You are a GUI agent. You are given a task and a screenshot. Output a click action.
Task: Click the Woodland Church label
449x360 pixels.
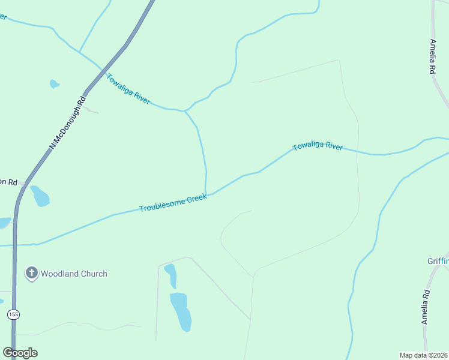point(74,274)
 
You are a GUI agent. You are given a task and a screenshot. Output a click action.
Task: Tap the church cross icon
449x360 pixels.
point(31,274)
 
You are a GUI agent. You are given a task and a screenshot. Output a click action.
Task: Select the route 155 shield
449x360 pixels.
point(13,314)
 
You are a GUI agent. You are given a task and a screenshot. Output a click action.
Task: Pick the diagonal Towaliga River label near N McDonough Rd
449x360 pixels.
point(128,88)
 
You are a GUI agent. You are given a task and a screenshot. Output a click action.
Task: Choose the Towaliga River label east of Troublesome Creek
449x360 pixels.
point(318,146)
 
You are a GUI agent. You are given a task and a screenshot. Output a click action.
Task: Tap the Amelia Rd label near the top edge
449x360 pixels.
point(432,56)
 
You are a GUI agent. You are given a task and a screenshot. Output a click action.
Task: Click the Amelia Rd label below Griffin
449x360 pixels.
point(426,307)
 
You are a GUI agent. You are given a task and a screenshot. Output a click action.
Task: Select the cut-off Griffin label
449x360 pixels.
point(438,261)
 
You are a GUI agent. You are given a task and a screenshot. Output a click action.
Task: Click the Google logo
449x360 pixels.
point(20,353)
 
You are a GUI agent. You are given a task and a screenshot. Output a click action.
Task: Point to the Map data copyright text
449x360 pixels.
point(424,355)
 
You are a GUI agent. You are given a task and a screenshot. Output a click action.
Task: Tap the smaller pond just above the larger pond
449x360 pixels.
point(171,275)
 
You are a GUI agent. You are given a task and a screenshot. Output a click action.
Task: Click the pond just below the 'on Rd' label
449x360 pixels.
point(40,196)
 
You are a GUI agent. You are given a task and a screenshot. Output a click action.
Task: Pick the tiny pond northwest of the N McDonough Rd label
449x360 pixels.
point(54,84)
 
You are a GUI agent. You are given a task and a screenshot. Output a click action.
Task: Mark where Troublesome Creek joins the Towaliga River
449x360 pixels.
point(207,194)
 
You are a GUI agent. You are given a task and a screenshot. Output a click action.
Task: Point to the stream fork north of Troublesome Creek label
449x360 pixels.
point(185,111)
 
